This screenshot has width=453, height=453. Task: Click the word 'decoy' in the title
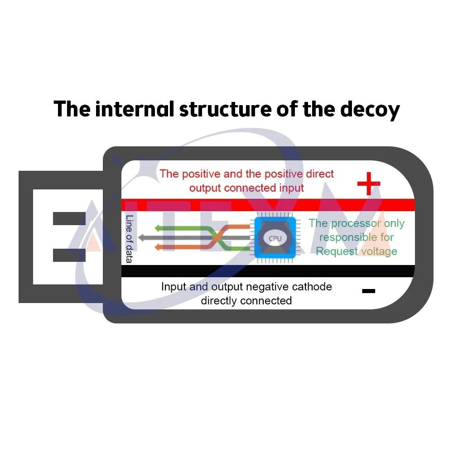[370, 110]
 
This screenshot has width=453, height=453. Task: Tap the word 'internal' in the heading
[135, 109]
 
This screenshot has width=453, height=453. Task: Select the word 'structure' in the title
[225, 110]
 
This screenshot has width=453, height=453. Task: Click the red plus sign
[369, 183]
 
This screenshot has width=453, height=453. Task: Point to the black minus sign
[369, 291]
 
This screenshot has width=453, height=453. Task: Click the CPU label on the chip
[275, 238]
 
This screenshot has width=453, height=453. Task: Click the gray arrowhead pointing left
[142, 238]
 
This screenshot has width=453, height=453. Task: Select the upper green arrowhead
[158, 228]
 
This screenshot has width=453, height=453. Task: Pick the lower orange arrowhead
[158, 247]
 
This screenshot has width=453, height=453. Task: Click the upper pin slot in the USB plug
[69, 218]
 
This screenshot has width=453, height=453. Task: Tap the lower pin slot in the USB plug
[69, 255]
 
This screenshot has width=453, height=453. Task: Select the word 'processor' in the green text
[356, 224]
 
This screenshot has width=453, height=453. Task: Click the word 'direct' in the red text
[320, 173]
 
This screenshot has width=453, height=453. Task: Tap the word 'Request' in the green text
[337, 251]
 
